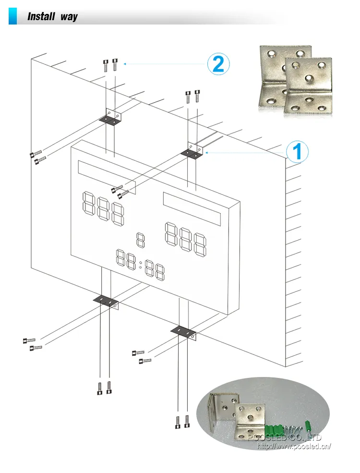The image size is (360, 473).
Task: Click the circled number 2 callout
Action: point(218,64)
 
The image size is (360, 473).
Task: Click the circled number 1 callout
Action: point(297,152)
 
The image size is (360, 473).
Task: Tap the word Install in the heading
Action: point(41,17)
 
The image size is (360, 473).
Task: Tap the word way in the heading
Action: point(69,17)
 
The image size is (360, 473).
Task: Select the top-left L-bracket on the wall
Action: point(111,117)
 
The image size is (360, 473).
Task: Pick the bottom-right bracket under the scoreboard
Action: point(184,331)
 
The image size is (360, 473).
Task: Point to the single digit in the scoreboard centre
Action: point(140,240)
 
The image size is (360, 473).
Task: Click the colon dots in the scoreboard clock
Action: point(140,265)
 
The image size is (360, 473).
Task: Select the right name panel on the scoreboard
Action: point(192,209)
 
